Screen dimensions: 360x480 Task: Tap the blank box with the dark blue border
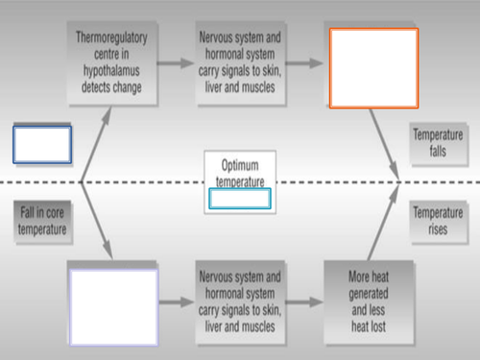(42, 144)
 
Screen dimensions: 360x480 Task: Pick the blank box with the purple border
(113, 300)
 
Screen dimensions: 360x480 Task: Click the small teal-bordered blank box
(240, 199)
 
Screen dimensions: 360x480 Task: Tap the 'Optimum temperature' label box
(240, 170)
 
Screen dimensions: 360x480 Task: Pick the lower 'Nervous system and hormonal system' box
(240, 300)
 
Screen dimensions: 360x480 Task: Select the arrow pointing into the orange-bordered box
(306, 63)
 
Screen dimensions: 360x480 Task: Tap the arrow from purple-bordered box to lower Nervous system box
(174, 300)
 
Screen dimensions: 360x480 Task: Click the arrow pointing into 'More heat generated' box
(306, 300)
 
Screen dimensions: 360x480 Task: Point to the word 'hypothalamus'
(108, 72)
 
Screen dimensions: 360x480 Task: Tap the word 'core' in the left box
(54, 213)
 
